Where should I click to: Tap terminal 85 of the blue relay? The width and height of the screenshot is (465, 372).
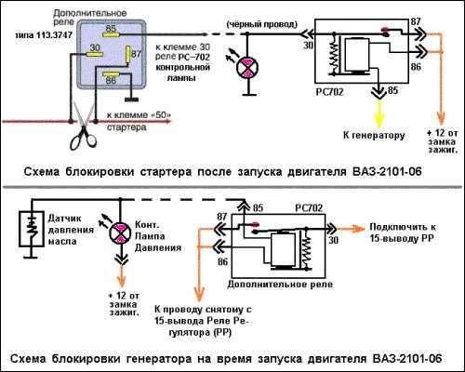click(112, 34)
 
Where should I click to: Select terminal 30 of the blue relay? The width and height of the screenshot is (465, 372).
click(95, 54)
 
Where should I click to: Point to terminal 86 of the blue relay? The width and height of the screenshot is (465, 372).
click(111, 74)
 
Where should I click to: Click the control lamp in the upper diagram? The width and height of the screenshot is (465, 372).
click(247, 67)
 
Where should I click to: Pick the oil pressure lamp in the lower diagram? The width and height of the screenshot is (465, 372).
click(120, 232)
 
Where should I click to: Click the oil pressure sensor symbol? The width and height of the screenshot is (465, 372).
click(31, 229)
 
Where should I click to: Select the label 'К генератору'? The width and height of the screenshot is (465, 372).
click(374, 136)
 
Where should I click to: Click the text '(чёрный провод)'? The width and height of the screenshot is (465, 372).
click(262, 24)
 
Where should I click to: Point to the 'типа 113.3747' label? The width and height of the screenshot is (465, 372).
click(44, 35)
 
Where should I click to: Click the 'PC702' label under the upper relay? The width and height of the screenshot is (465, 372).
click(329, 92)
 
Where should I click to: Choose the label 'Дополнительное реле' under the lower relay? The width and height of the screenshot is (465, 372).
click(280, 285)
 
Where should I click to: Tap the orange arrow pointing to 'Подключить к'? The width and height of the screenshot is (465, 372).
click(351, 229)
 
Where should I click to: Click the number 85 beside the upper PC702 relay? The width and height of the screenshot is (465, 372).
click(392, 90)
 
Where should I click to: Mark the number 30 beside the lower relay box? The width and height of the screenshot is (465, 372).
click(334, 240)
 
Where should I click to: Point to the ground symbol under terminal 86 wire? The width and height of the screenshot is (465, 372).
click(131, 100)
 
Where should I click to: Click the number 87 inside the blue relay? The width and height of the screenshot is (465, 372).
click(136, 54)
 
